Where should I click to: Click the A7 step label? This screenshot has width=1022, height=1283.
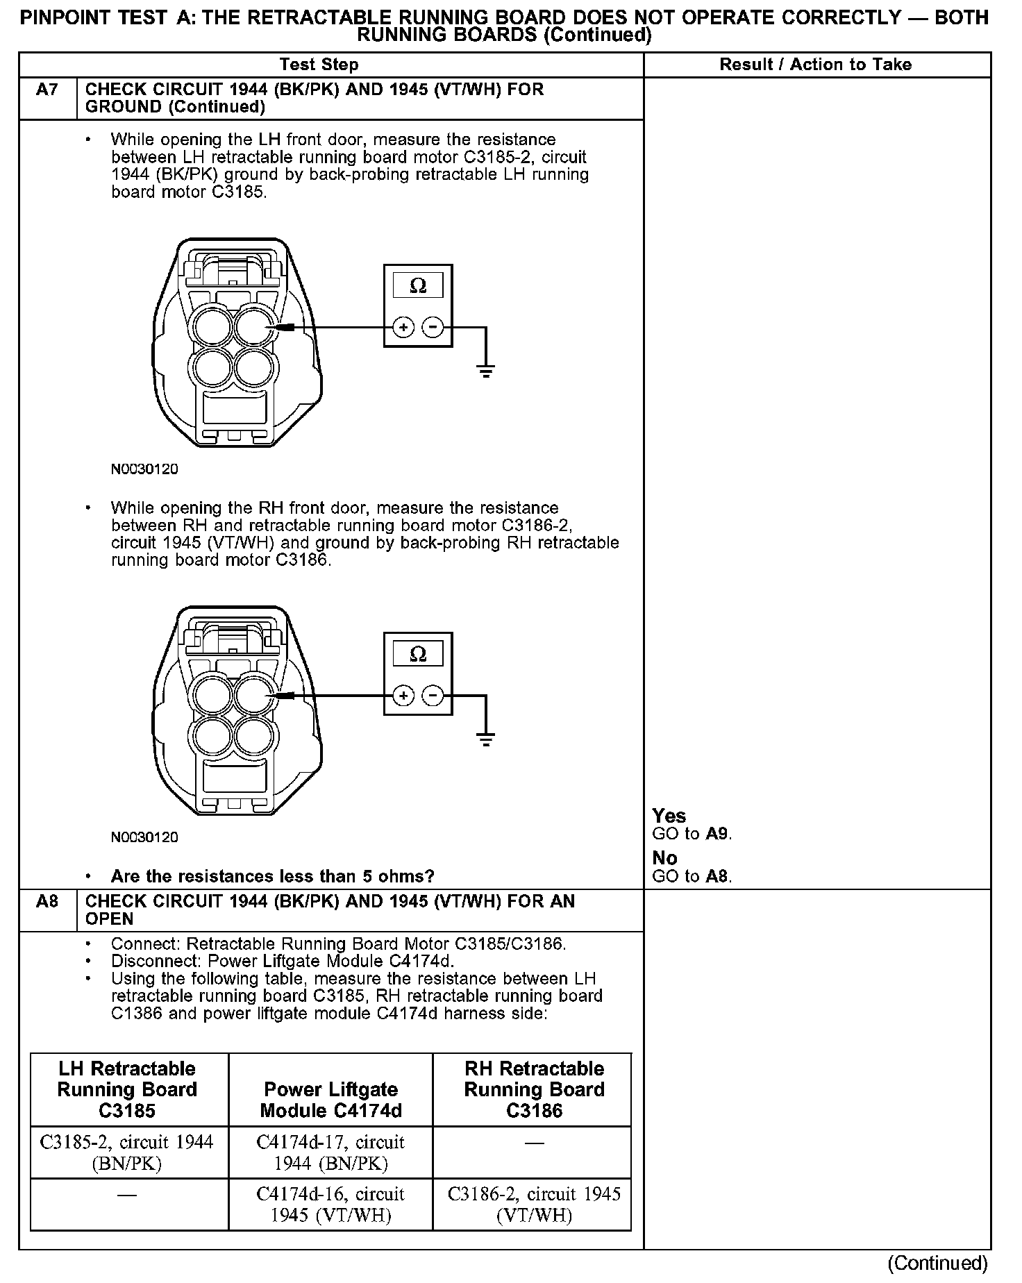pos(47,90)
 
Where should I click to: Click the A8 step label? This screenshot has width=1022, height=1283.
pos(47,902)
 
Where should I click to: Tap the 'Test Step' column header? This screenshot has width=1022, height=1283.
pos(319,65)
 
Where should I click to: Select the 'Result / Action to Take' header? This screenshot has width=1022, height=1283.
pos(815,65)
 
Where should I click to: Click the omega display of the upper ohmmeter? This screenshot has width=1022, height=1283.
pos(418,285)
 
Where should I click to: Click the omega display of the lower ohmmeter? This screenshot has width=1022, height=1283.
pos(418,654)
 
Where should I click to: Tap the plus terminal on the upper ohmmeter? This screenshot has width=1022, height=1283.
pos(403,326)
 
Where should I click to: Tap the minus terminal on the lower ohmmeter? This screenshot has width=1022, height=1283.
pos(433,695)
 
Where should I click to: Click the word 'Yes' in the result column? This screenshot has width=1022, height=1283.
pos(669,816)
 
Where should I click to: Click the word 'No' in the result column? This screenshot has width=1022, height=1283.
pos(664,858)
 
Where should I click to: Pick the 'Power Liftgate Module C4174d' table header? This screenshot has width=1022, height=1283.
pos(330,1100)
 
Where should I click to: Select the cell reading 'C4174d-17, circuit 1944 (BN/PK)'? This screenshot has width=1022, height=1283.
pos(330,1152)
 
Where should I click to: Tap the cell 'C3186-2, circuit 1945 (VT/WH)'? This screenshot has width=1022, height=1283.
pos(534,1205)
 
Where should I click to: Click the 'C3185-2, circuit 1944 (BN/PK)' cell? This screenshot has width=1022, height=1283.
pos(127,1152)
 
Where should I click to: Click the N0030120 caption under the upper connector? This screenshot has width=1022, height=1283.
pos(144,469)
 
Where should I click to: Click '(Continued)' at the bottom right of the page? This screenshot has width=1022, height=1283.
pos(937,1262)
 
